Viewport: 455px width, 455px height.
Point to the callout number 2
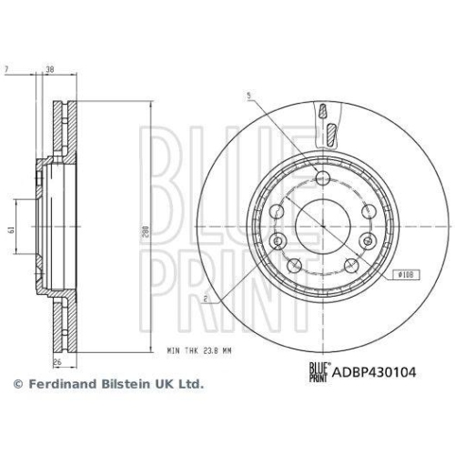tap(208, 298)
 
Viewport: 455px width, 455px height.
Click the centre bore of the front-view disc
tap(322, 224)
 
